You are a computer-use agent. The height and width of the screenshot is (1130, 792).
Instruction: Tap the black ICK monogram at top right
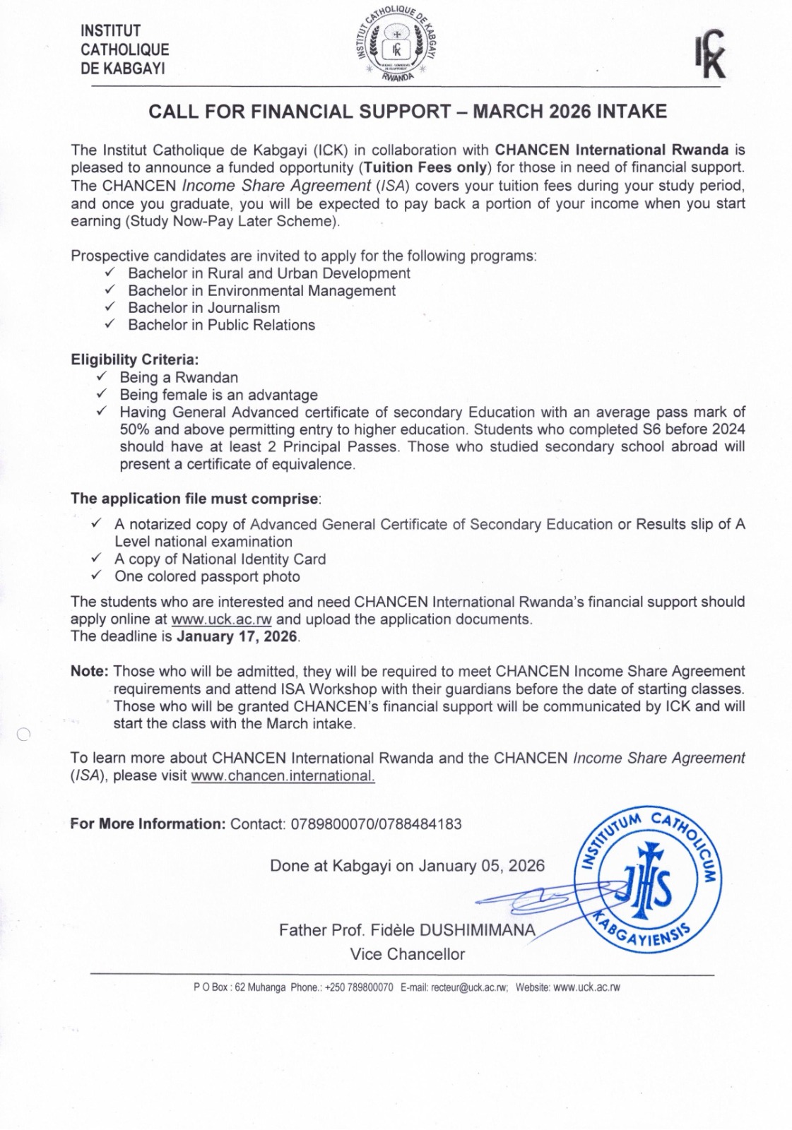709,54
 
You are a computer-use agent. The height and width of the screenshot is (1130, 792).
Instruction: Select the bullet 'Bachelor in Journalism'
203,308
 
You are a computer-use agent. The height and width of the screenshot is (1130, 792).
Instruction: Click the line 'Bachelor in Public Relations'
221,325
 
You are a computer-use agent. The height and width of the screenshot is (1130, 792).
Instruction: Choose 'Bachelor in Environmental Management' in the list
261,290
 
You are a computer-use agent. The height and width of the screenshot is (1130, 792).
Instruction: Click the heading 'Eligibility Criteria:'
134,359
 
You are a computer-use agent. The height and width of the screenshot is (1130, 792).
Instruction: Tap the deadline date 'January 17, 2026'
237,636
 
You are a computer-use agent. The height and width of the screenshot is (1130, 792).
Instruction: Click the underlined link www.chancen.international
283,775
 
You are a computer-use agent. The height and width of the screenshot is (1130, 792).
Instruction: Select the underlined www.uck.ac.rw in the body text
221,619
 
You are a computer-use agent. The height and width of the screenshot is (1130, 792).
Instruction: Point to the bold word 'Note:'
90,671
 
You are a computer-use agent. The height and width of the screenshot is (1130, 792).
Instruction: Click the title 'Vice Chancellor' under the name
407,954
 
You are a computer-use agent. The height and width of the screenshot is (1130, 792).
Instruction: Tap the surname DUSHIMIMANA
478,929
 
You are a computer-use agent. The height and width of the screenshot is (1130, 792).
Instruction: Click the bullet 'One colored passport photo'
207,576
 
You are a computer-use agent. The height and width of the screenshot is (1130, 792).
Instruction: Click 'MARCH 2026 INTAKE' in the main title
569,112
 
